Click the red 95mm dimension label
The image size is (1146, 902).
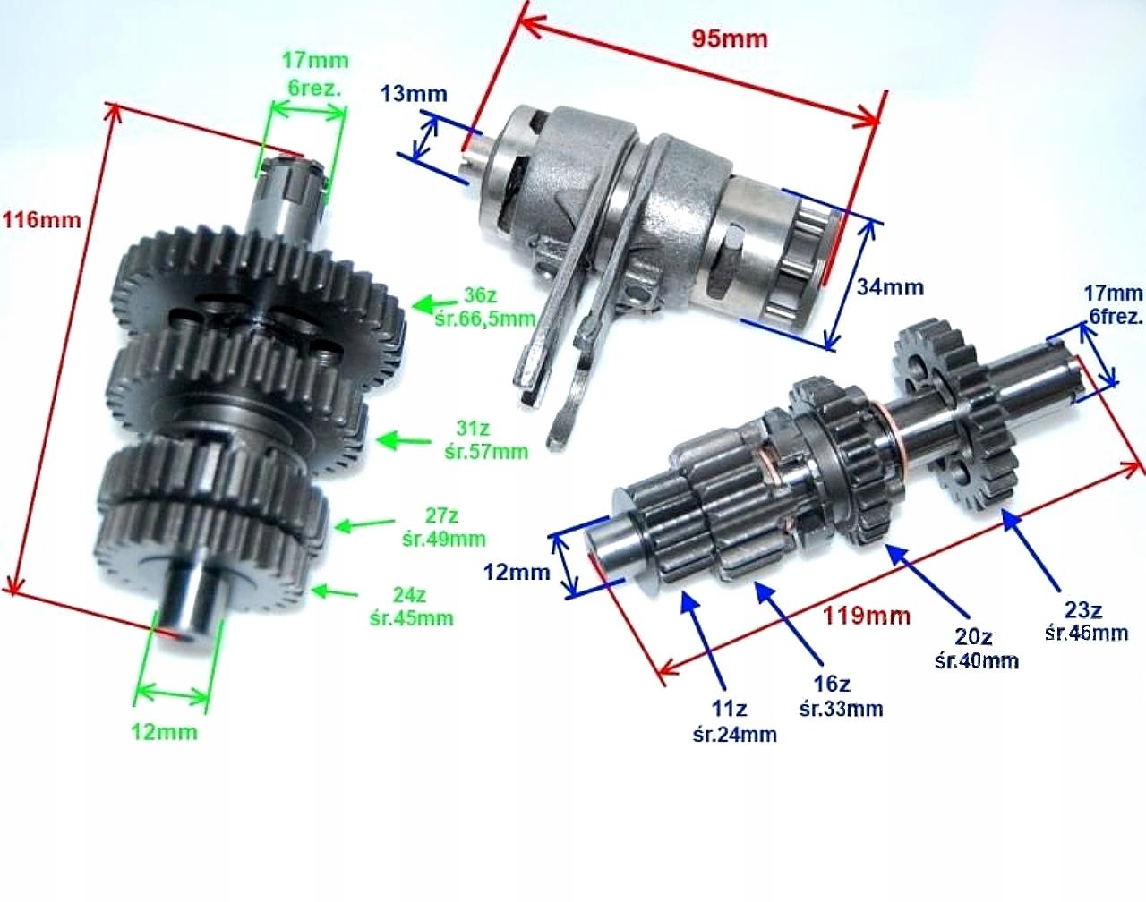click(x=730, y=38)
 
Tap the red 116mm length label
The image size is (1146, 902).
click(x=42, y=219)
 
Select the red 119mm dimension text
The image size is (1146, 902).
click(x=867, y=616)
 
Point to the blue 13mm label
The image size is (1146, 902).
click(x=414, y=94)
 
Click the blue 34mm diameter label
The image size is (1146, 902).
click(x=890, y=287)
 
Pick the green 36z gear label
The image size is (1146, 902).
click(x=480, y=294)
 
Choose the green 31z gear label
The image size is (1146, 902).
click(x=473, y=428)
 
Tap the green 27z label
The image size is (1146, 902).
click(x=441, y=515)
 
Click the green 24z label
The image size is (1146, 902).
click(x=409, y=595)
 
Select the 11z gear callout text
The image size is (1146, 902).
click(x=729, y=708)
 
